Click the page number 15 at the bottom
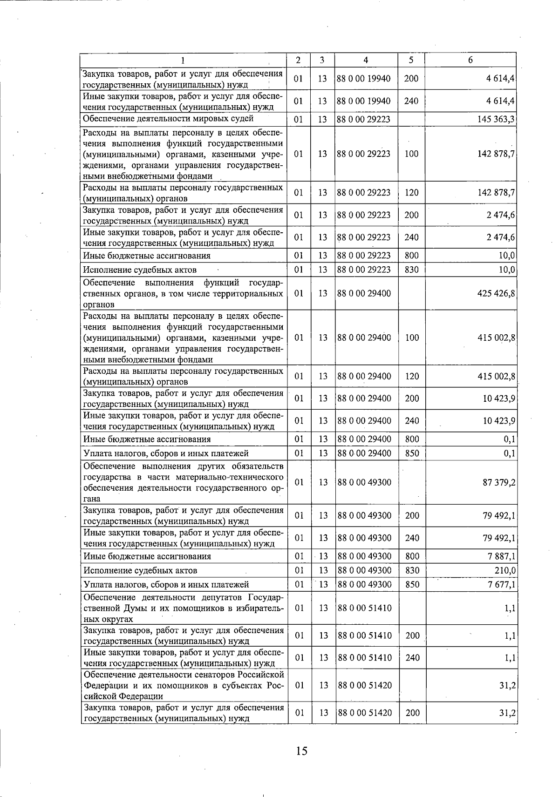pos(301,750)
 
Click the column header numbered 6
pos(470,60)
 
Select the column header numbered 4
pos(366,60)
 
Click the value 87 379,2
pos(499,482)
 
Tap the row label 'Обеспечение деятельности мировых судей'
pos(168,119)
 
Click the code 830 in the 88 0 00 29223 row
pos(412,270)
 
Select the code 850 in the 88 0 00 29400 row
pos(412,453)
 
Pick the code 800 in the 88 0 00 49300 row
pos(412,556)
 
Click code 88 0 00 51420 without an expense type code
pos(364,685)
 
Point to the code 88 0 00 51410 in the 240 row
pos(364,657)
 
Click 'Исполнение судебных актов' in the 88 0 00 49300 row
pos(140,570)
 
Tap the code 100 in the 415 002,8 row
pos(412,338)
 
